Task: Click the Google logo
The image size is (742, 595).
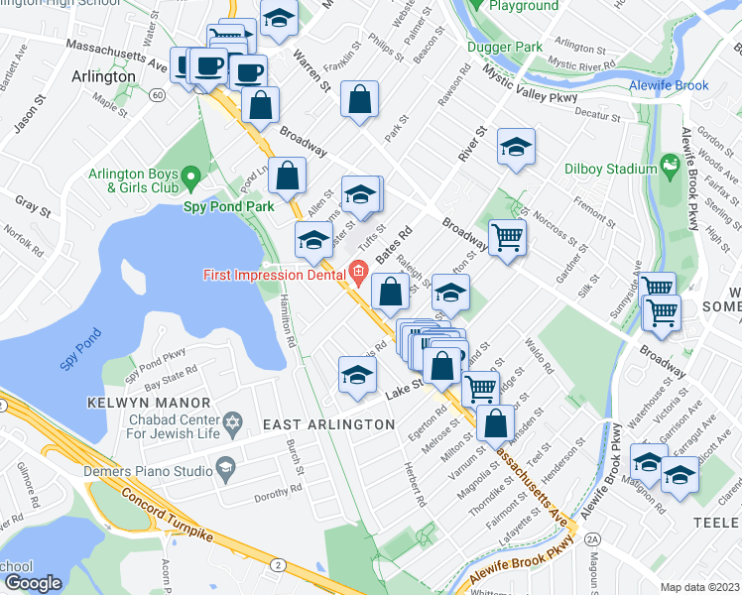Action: (32, 583)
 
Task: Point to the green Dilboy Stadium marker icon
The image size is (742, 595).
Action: (669, 163)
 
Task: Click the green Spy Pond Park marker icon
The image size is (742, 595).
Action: (193, 178)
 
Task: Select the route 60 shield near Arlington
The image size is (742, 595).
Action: (158, 95)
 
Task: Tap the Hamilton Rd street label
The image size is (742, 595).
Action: (288, 321)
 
